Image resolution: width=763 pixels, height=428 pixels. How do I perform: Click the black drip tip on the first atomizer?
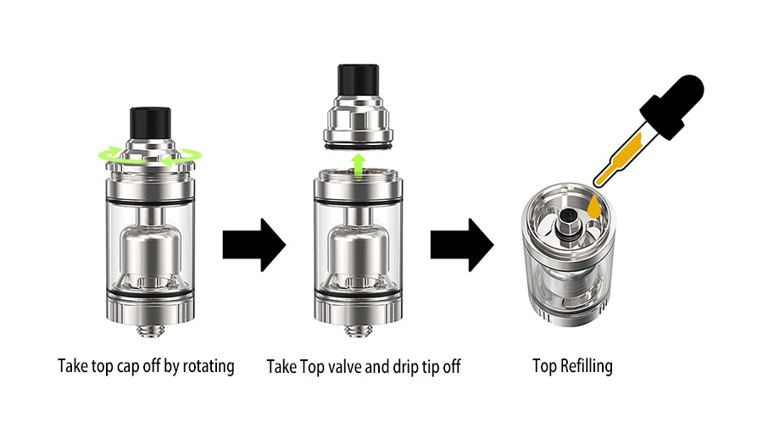pyautogui.click(x=150, y=124)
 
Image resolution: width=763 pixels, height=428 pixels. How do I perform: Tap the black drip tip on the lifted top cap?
pyautogui.click(x=358, y=80)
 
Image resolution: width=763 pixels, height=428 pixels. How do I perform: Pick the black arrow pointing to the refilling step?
pyautogui.click(x=462, y=245)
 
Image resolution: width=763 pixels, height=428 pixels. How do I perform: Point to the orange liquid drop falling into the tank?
pyautogui.click(x=594, y=207)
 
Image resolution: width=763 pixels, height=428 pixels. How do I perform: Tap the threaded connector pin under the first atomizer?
pyautogui.click(x=150, y=331)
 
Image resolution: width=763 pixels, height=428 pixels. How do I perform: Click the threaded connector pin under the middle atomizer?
pyautogui.click(x=358, y=331)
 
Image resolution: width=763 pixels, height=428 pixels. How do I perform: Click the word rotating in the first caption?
pyautogui.click(x=209, y=366)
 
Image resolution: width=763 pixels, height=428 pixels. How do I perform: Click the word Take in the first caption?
pyautogui.click(x=73, y=366)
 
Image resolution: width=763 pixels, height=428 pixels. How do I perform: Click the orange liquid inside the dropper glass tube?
pyautogui.click(x=619, y=158)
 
